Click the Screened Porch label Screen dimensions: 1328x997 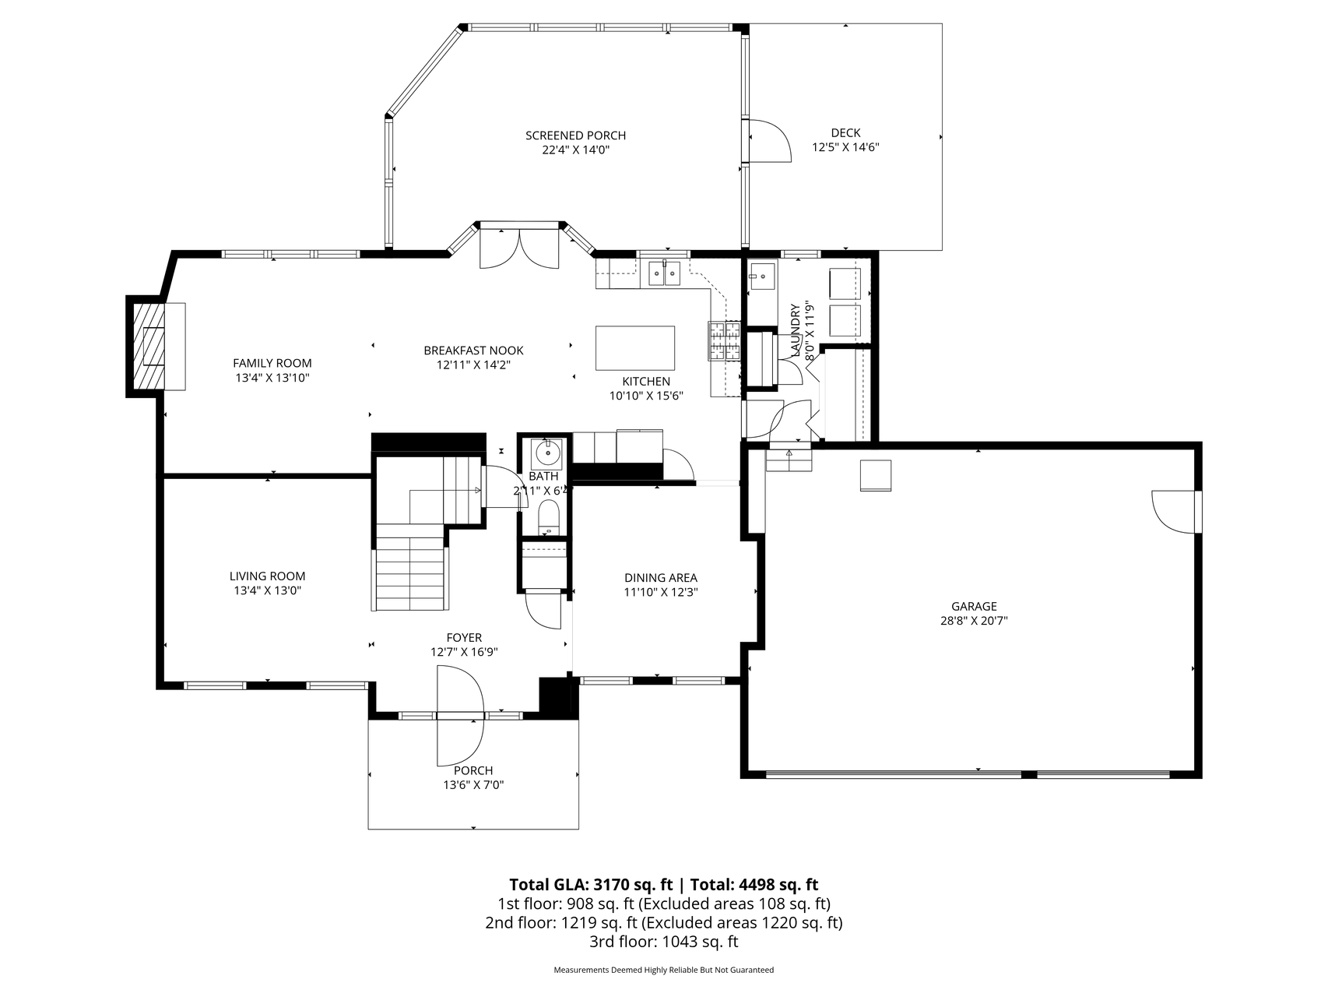tap(575, 136)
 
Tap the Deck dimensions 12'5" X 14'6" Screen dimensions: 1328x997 tap(845, 147)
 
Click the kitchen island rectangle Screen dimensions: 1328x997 tap(635, 348)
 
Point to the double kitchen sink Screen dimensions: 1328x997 tap(665, 273)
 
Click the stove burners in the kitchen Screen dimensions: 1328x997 tap(724, 341)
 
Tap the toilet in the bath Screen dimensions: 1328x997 tap(549, 517)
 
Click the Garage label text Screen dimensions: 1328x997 tap(974, 607)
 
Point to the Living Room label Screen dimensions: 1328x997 tap(267, 576)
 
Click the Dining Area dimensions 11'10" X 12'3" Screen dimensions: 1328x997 tap(661, 592)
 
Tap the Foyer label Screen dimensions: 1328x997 tap(464, 638)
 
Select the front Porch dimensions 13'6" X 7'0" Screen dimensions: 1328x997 tap(474, 785)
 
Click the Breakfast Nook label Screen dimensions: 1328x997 tap(473, 351)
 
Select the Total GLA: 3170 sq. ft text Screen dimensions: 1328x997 tap(591, 885)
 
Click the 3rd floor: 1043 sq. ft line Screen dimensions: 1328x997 tap(664, 942)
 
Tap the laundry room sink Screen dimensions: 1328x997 tap(762, 274)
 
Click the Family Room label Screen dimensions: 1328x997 tap(272, 363)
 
